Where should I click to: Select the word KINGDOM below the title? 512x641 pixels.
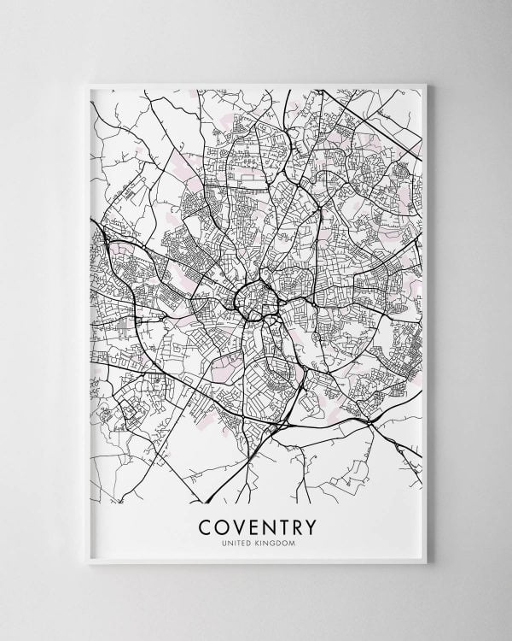coord(275,540)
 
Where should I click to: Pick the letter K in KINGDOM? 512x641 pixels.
coord(259,540)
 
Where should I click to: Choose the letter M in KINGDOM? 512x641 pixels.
coord(291,540)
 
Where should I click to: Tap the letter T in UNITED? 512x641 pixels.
coord(241,540)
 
